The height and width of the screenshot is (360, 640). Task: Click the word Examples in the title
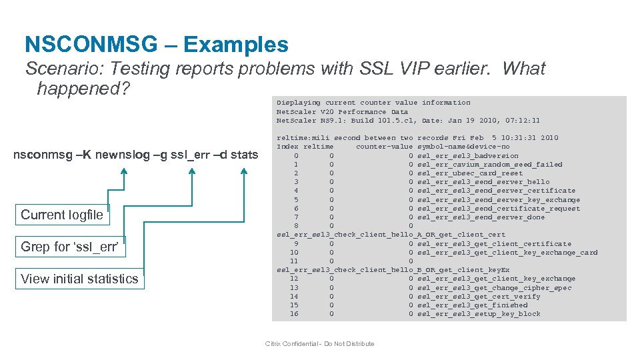[235, 45]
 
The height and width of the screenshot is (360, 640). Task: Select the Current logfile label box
[62, 215]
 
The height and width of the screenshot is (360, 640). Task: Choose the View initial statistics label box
[79, 279]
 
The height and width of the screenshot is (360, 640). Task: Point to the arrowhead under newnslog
[124, 172]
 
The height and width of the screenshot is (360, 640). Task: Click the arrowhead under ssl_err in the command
[192, 172]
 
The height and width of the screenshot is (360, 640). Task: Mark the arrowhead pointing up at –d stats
[244, 172]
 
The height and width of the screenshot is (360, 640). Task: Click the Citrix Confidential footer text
[319, 344]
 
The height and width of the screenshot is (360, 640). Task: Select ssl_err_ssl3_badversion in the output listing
[467, 155]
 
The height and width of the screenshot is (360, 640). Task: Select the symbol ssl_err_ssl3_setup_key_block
[479, 314]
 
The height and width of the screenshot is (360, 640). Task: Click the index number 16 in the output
[294, 314]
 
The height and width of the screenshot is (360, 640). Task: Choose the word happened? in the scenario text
[81, 88]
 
